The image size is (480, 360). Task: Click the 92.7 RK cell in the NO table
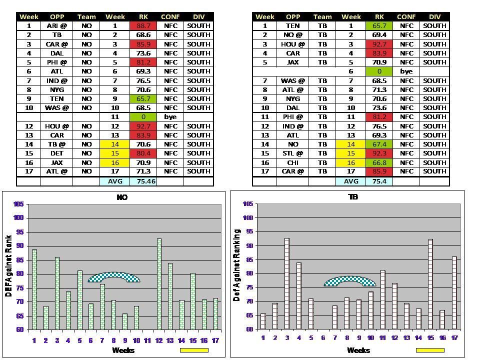tap(143, 126)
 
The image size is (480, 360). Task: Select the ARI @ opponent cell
tap(57, 25)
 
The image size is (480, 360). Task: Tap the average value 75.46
tap(143, 181)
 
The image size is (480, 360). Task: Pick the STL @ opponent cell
tap(293, 153)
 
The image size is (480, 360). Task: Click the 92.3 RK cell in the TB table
tap(379, 153)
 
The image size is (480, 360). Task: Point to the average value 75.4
tap(379, 181)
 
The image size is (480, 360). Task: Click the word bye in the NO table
tap(170, 116)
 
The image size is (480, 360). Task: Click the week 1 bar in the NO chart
tap(34, 289)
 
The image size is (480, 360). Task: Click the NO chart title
tap(122, 197)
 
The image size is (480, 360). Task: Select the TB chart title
tap(352, 197)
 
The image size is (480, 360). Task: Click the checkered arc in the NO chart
tap(114, 276)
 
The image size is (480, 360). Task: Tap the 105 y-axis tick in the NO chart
tap(18, 204)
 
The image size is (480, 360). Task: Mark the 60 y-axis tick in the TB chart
tap(248, 329)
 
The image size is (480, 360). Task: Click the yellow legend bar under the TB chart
tap(429, 350)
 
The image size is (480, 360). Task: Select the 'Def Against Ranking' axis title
tap(237, 265)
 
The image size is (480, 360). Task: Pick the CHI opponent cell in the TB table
tap(293, 162)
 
